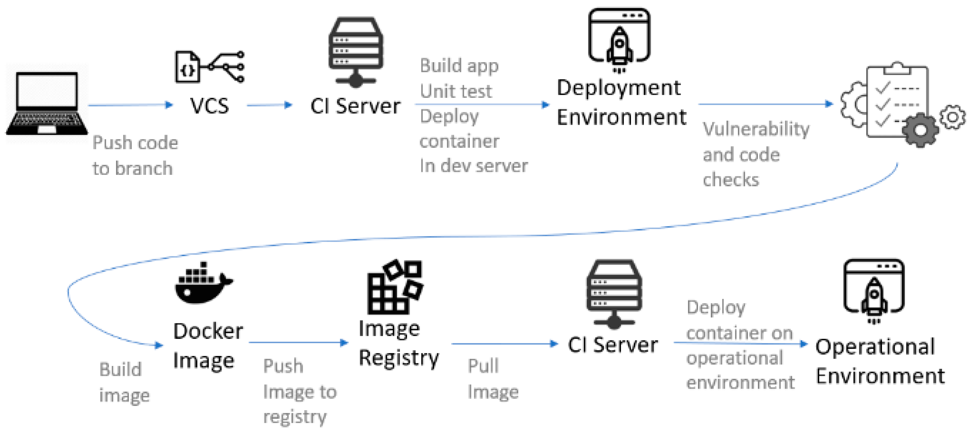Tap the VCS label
click(x=209, y=106)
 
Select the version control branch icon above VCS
click(x=210, y=67)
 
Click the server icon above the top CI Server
click(x=356, y=52)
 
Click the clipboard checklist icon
click(x=897, y=101)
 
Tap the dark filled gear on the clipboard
click(x=920, y=130)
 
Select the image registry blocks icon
click(x=395, y=287)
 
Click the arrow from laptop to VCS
click(x=131, y=105)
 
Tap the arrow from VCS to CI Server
click(x=270, y=105)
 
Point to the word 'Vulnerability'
click(x=756, y=130)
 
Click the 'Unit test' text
click(x=456, y=91)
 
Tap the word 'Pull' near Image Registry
click(x=483, y=366)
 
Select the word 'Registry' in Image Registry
click(x=399, y=359)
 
